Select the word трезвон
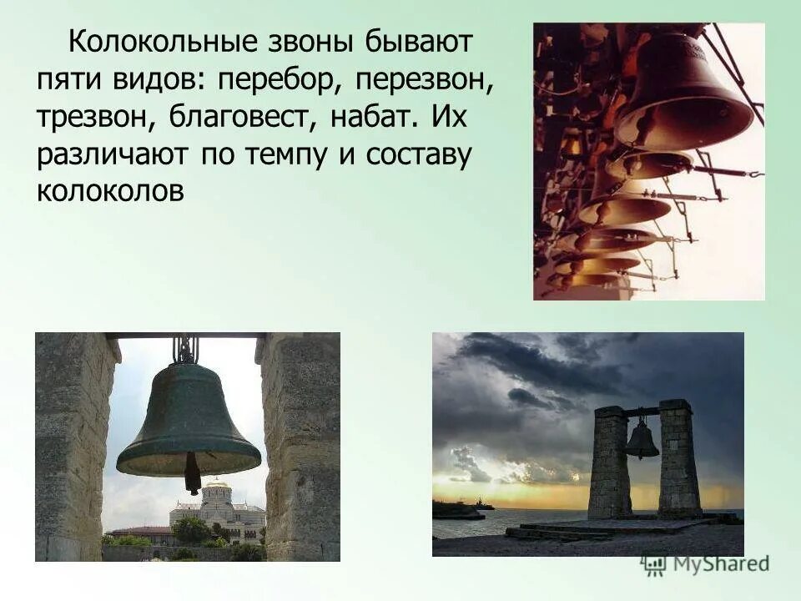(90, 117)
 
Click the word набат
(370, 117)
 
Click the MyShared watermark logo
(706, 563)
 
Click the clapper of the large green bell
(193, 473)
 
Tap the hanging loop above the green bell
(185, 349)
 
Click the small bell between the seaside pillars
(641, 440)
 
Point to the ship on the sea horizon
(483, 505)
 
